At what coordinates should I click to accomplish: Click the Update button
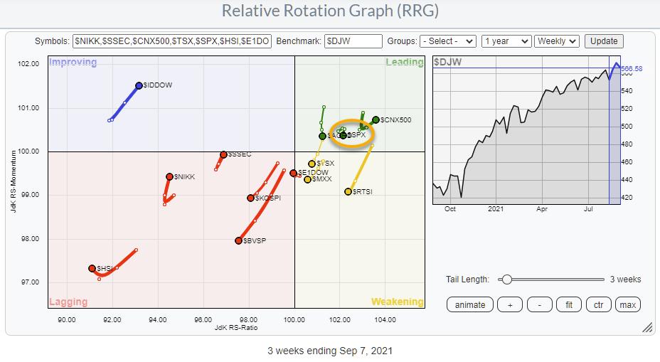coord(604,41)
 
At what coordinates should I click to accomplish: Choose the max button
coord(627,305)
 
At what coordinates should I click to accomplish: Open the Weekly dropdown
coord(557,41)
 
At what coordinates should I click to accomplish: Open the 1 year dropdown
coord(506,41)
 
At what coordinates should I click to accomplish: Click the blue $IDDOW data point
coord(139,85)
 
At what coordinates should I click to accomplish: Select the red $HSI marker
coord(92,268)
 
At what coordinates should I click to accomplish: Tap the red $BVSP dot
coord(239,241)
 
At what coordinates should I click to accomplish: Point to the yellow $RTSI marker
coord(348,191)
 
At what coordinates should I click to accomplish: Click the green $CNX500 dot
coord(376,119)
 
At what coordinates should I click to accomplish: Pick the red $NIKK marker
coord(170,176)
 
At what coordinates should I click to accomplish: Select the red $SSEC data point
coord(223,154)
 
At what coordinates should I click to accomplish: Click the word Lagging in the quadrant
coord(68,302)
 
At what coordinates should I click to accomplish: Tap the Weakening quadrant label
coord(396,302)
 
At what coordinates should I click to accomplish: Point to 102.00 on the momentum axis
coord(29,64)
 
